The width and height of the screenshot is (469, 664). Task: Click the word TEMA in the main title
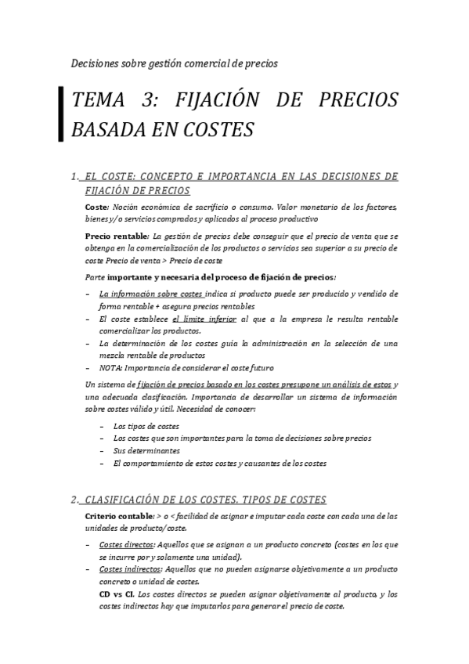point(95,101)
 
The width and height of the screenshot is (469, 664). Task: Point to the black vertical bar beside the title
point(61,114)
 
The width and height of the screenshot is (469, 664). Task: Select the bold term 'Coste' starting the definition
point(96,206)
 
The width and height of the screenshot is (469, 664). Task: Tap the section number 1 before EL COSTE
point(73,176)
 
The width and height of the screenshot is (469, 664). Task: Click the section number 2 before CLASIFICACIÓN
point(73,499)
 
